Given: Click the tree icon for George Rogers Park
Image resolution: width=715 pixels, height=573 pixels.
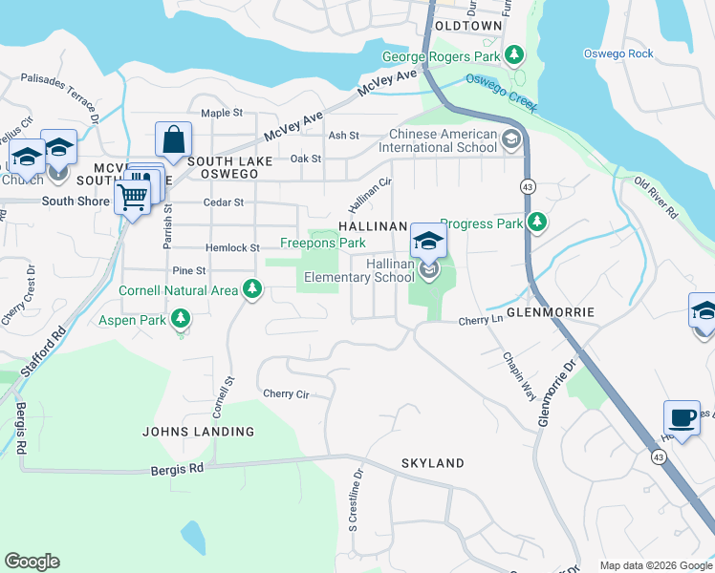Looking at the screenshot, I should click(515, 55).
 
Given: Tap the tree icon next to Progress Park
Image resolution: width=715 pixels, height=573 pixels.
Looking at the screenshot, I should click(537, 223).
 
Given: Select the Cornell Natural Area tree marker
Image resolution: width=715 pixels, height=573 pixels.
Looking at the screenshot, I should click(252, 288).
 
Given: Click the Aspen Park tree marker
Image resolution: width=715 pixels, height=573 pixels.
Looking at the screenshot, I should click(179, 319).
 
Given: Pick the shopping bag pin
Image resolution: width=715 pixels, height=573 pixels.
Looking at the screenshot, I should click(173, 139).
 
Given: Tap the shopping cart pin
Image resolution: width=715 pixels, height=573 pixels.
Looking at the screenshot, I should click(132, 198).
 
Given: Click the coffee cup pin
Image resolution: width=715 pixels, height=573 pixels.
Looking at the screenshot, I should click(682, 417).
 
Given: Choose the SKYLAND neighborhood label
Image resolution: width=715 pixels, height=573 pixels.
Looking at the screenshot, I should click(432, 463).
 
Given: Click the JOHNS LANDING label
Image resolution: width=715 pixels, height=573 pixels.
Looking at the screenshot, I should click(199, 432).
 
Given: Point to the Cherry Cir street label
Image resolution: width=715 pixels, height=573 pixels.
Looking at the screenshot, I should click(286, 393).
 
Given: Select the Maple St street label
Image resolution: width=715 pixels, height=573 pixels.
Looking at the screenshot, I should click(222, 113).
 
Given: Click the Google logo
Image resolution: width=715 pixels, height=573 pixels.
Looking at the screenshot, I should click(32, 562).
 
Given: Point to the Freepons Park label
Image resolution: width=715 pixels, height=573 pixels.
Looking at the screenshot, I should click(322, 244).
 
